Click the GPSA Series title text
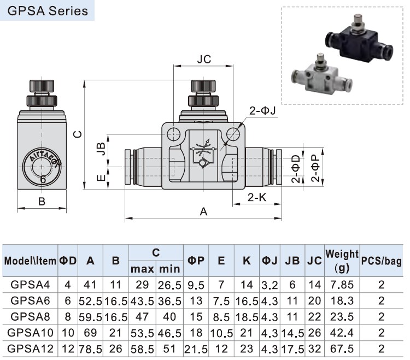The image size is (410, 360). [x=48, y=11]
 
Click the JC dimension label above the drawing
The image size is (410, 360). [x=204, y=60]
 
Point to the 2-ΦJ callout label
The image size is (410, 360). [x=262, y=111]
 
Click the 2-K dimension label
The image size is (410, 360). [x=257, y=197]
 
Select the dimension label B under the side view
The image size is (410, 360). [x=42, y=202]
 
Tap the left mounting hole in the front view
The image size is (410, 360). [x=173, y=134]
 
